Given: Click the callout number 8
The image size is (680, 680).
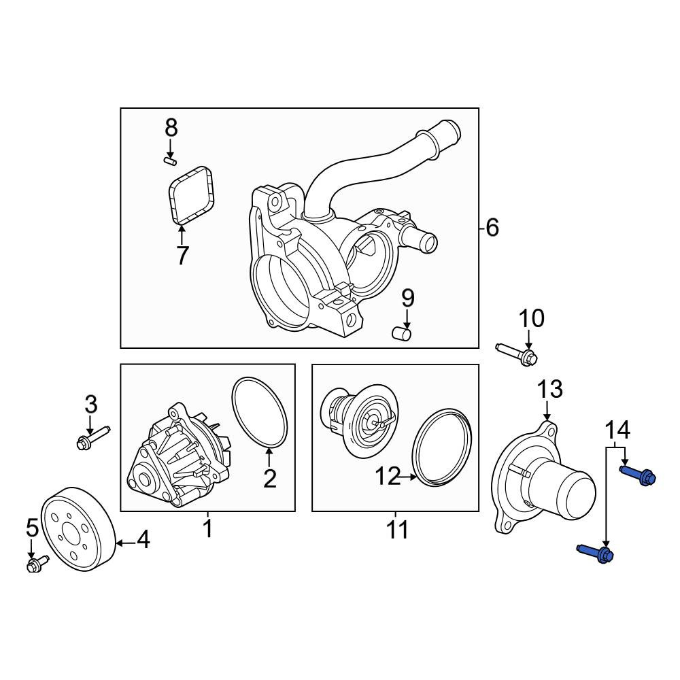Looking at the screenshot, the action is (x=171, y=129).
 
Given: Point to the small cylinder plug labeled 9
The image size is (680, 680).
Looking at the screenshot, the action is (x=401, y=334).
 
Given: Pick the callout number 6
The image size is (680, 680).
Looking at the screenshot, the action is (x=492, y=228).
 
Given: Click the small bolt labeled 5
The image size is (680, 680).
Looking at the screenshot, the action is (x=37, y=563).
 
